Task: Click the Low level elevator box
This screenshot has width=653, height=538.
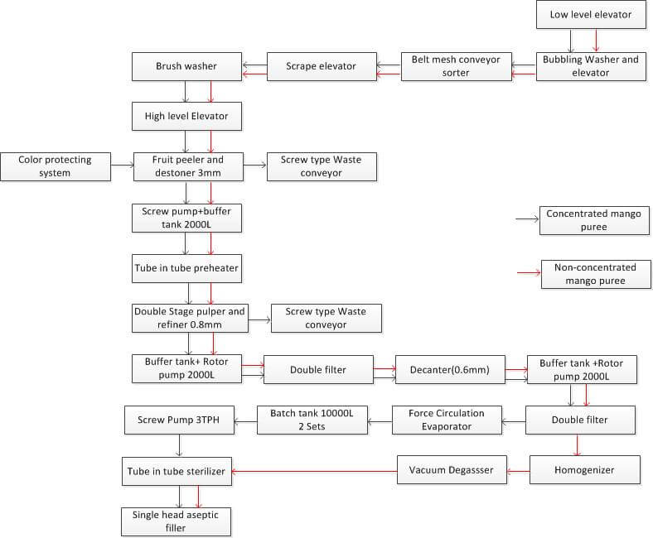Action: click(x=591, y=15)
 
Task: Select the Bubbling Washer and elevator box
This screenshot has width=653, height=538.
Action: click(x=591, y=66)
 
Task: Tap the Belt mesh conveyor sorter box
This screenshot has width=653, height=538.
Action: click(x=456, y=66)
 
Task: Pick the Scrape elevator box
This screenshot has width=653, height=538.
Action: click(x=321, y=66)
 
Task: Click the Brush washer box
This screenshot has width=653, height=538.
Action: click(x=186, y=66)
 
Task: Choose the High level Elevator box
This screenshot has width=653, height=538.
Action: click(x=186, y=117)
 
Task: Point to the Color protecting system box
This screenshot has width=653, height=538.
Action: click(x=55, y=166)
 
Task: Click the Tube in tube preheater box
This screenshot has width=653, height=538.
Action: click(x=186, y=268)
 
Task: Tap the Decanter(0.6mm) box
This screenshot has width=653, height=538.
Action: click(x=449, y=369)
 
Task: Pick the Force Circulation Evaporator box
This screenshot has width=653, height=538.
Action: click(x=446, y=420)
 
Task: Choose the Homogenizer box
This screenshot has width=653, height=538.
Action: click(x=583, y=470)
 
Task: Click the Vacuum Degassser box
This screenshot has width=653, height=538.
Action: click(x=451, y=470)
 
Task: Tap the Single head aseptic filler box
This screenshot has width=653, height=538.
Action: click(x=175, y=521)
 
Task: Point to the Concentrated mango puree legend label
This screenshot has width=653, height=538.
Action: click(x=593, y=220)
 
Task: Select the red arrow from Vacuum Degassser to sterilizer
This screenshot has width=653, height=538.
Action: click(x=314, y=470)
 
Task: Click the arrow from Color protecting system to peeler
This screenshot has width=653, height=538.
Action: click(x=122, y=166)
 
